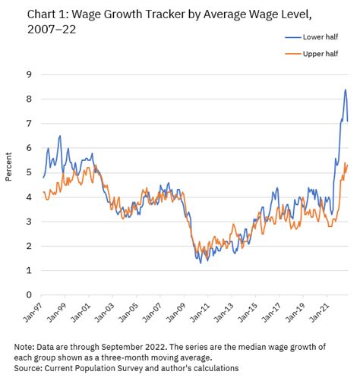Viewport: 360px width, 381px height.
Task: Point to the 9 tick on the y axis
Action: click(x=28, y=74)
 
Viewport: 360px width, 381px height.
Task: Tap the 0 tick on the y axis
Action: click(x=28, y=294)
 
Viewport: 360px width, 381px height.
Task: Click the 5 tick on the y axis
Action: click(x=28, y=172)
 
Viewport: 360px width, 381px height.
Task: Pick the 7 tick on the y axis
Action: click(x=28, y=123)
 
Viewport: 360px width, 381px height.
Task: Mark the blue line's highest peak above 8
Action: click(x=345, y=90)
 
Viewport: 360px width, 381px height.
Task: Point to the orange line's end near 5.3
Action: click(x=347, y=164)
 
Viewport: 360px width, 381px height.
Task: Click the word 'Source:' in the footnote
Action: click(x=26, y=367)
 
